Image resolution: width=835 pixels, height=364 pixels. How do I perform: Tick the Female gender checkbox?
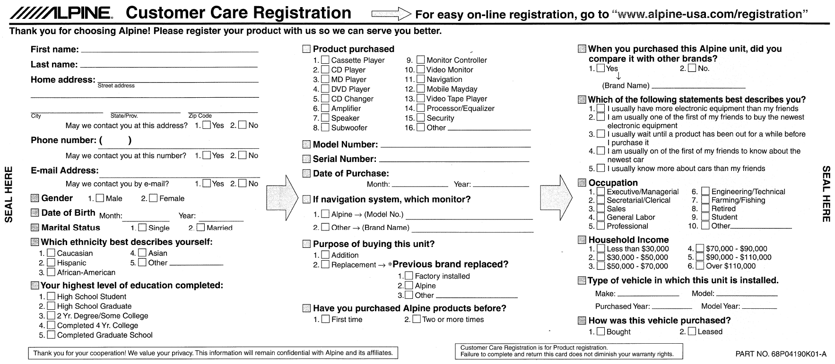click(x=153, y=199)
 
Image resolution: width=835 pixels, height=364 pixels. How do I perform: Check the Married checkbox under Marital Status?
click(x=200, y=228)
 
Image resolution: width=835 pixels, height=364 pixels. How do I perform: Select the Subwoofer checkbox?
click(x=325, y=127)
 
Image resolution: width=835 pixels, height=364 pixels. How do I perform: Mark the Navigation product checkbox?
click(x=420, y=79)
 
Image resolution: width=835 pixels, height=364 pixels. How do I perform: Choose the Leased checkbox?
click(x=692, y=331)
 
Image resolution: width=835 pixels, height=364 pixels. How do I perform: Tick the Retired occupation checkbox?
click(x=705, y=209)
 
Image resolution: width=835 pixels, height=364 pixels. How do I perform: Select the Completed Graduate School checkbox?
click(x=51, y=335)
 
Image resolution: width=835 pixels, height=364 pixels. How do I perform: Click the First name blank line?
click(x=170, y=50)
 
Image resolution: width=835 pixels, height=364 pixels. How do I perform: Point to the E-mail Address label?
click(x=65, y=170)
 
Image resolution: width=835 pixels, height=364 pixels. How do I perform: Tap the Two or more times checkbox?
click(x=416, y=320)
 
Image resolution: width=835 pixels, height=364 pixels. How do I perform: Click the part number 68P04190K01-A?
click(x=781, y=354)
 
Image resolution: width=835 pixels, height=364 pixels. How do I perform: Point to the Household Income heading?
click(x=628, y=240)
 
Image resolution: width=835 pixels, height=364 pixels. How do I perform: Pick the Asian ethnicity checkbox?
click(x=142, y=253)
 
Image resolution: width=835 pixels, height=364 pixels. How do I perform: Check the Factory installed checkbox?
click(x=409, y=276)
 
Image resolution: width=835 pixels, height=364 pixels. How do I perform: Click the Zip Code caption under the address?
click(x=200, y=116)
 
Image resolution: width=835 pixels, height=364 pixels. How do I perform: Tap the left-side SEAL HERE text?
click(x=9, y=194)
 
